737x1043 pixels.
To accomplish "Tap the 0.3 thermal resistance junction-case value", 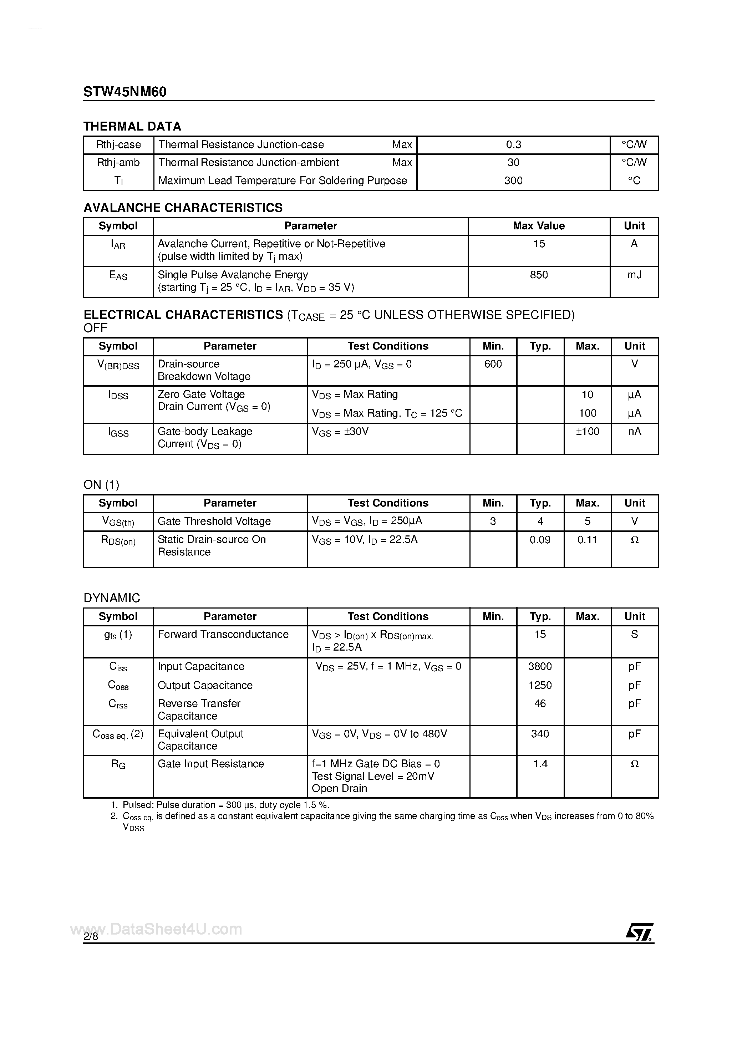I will point(513,145).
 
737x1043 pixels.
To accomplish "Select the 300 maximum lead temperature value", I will point(513,181).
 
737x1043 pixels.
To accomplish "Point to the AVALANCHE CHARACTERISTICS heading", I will point(183,208).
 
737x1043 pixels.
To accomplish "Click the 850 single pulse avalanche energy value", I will point(539,275).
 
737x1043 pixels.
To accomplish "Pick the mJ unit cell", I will point(634,275).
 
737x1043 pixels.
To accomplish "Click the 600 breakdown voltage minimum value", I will point(493,364).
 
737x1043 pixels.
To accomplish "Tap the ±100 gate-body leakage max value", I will point(588,432).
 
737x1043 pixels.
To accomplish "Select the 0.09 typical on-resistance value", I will point(540,540).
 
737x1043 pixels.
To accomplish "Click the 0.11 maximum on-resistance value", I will point(587,540).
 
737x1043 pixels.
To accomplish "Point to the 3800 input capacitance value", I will point(540,666).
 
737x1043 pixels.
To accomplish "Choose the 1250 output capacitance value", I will point(540,685).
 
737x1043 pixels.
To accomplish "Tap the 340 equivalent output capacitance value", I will point(540,734).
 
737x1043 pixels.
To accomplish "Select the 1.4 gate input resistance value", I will point(540,764).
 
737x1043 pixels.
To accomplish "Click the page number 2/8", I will point(91,937).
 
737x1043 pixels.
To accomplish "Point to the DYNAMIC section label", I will point(112,598).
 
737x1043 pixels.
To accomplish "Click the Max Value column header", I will point(539,226).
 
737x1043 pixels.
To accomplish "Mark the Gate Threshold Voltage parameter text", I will point(214,521).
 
